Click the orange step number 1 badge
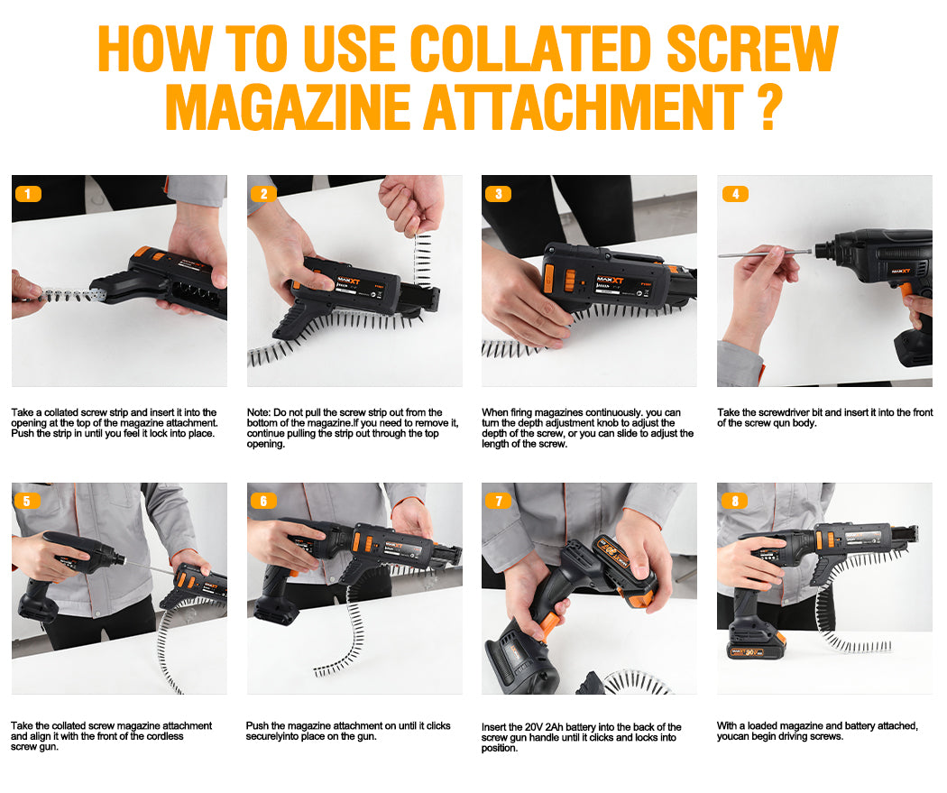point(28,194)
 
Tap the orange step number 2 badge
point(263,194)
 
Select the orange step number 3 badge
point(498,194)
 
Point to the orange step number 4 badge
point(735,194)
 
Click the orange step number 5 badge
point(26,501)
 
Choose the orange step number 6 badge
point(263,501)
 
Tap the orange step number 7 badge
point(498,501)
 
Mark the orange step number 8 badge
point(735,501)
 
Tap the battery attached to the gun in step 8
point(756,645)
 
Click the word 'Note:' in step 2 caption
point(259,412)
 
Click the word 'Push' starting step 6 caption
point(257,726)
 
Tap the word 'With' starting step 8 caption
point(727,726)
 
